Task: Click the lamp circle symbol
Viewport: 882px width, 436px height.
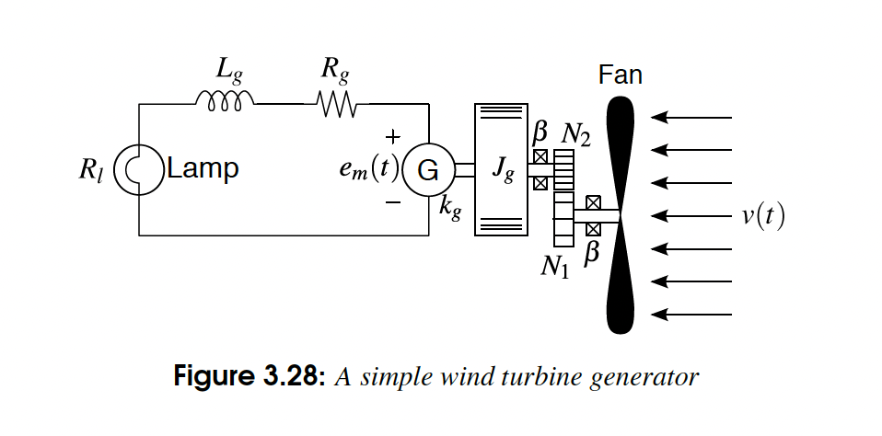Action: click(137, 169)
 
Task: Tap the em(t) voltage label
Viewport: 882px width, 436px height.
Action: click(367, 170)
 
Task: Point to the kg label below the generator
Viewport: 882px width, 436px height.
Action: click(449, 207)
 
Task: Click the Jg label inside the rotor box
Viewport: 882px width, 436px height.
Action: click(502, 170)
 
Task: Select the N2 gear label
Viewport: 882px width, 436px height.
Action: click(576, 135)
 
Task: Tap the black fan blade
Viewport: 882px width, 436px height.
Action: click(622, 216)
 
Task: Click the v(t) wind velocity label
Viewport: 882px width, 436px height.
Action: click(763, 216)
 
